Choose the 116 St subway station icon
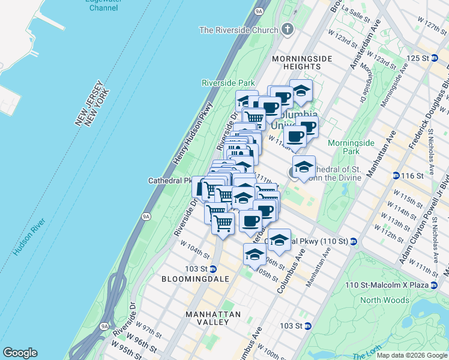coord(396,175)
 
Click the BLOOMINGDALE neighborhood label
coord(189,279)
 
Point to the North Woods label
coord(385,300)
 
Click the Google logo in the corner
coord(20,353)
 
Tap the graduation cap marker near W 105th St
coord(255,255)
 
